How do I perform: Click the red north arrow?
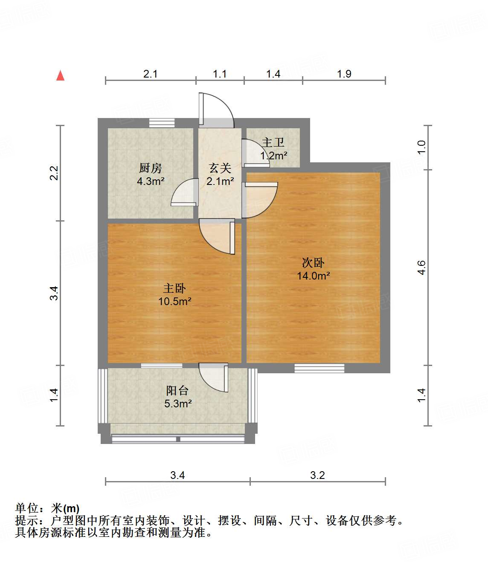[x=61, y=76]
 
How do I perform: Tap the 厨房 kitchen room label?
[x=151, y=168]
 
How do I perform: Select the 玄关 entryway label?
[x=220, y=168]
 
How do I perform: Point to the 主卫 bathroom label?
[x=273, y=142]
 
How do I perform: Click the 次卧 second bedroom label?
[x=313, y=262]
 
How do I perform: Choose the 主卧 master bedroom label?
[x=174, y=288]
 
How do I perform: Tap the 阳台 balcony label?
[x=177, y=390]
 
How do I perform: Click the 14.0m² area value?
[x=314, y=276]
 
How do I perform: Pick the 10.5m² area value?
[x=174, y=302]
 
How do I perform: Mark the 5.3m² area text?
[x=178, y=403]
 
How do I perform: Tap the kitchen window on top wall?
[x=162, y=123]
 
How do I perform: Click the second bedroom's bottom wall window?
[x=319, y=368]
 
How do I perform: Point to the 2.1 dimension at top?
[x=150, y=74]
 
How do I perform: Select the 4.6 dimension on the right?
[x=421, y=267]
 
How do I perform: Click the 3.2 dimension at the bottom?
[x=317, y=475]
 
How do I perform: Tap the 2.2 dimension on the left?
[x=54, y=173]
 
